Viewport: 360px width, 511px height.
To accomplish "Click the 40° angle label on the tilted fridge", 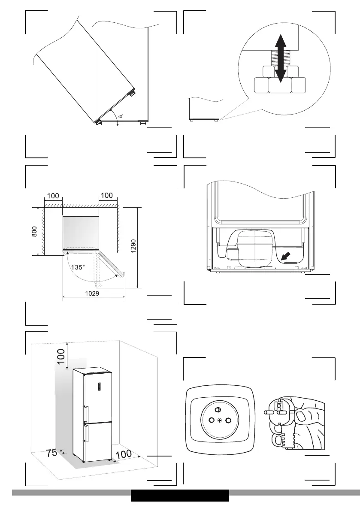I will (121, 116).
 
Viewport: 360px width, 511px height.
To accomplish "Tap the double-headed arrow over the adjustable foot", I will (280, 59).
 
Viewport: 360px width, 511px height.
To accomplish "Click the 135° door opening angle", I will (78, 267).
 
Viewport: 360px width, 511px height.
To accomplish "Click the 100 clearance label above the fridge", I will (62, 359).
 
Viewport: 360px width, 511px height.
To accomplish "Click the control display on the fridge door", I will (99, 387).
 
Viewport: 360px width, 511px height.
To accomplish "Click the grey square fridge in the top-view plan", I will (81, 232).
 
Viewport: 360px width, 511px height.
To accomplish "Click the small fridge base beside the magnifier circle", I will (205, 109).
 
